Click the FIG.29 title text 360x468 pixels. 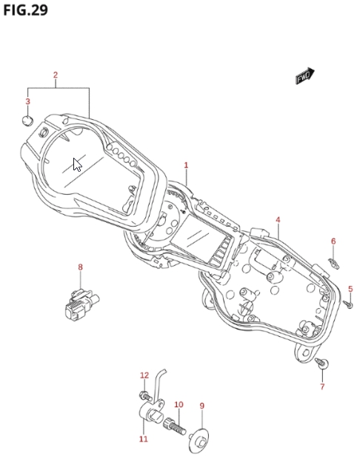point(25,10)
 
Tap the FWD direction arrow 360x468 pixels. point(304,76)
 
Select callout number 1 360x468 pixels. point(186,165)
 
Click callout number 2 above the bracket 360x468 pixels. point(56,75)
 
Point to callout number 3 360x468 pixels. point(27,101)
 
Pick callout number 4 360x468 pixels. point(278,220)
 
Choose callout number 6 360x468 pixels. point(333,241)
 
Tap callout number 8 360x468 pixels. point(80,267)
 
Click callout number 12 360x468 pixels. point(144,375)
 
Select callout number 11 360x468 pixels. point(143,438)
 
